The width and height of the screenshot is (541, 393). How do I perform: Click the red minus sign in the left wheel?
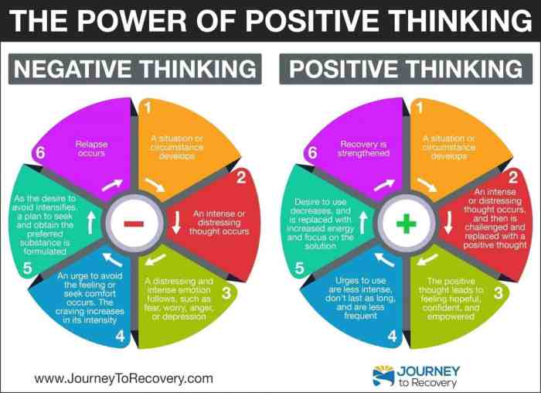coord(134,224)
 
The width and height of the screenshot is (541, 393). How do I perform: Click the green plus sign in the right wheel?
coord(407,224)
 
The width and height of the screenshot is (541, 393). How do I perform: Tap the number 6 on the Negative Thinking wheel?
coord(40,152)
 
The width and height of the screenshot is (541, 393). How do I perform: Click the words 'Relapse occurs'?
coord(91,148)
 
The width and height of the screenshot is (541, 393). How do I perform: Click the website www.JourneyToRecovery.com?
coord(124,378)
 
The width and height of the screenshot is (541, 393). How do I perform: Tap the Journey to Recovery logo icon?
coord(383,376)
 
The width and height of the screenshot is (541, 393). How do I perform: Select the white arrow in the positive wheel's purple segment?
coord(383,186)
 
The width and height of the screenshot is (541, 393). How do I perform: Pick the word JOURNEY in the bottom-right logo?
coord(430,371)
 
